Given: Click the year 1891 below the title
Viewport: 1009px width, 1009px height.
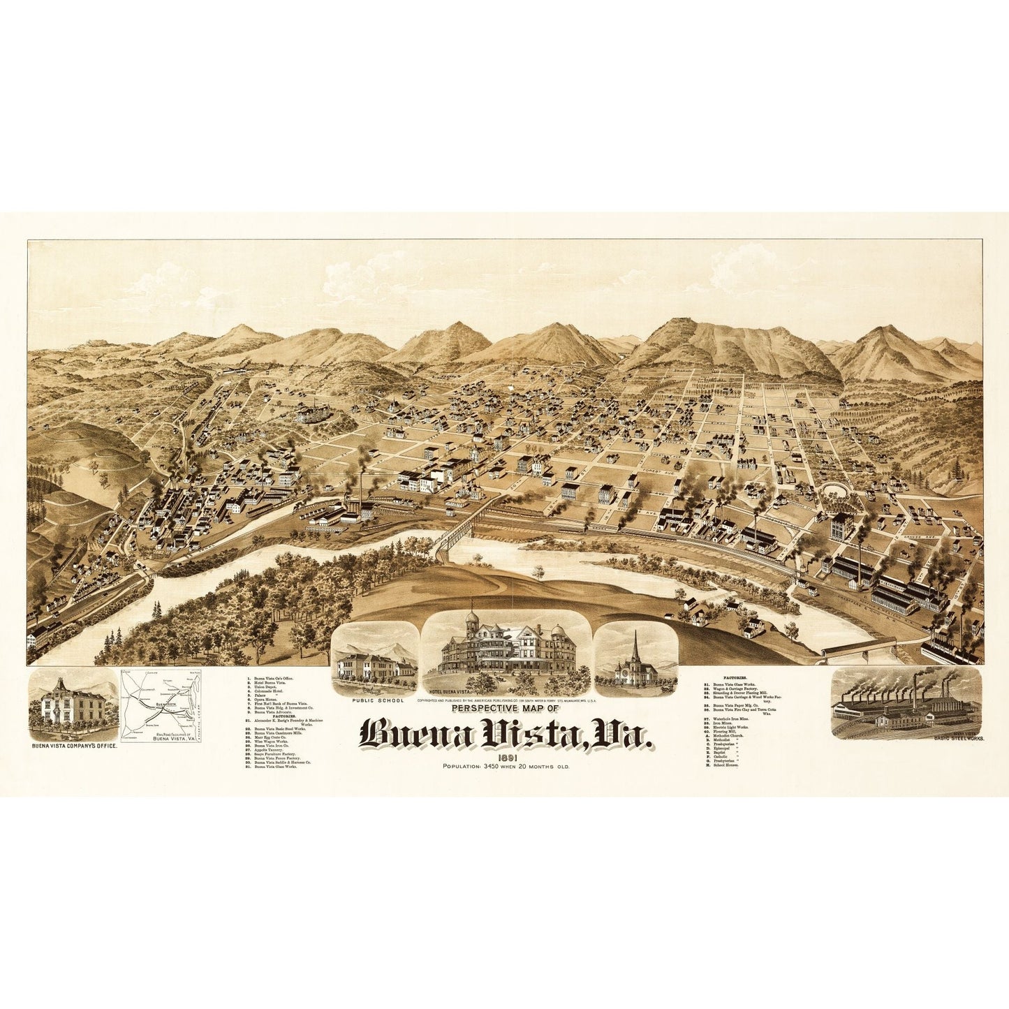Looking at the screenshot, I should point(508,758).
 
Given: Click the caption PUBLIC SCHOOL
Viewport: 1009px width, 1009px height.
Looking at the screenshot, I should point(378,700).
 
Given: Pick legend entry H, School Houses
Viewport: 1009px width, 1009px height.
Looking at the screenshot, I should point(726,765).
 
